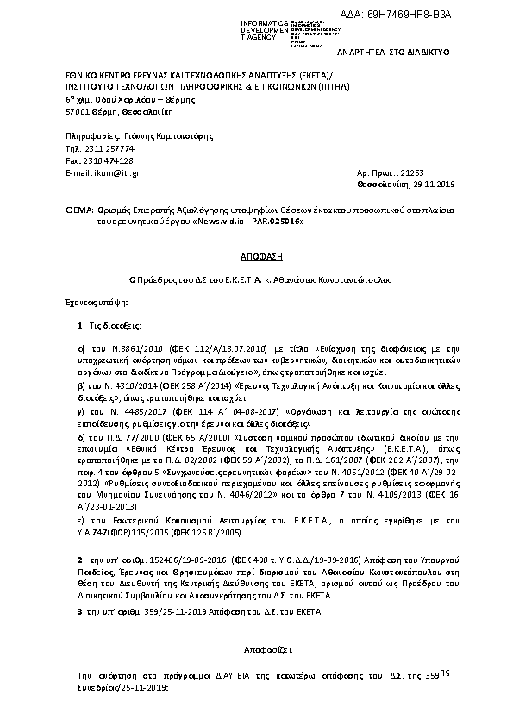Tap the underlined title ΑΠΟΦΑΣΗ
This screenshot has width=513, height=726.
[x=255, y=257]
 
